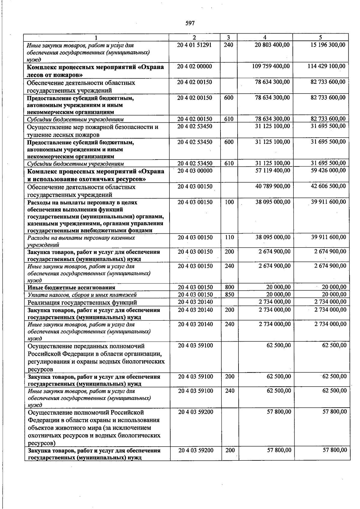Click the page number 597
[190, 23]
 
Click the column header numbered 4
[265, 37]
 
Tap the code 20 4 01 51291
[194, 45]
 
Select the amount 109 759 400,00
[271, 66]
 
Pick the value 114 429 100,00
[326, 66]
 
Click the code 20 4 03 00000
[195, 171]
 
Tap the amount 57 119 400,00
[272, 170]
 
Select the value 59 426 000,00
[328, 170]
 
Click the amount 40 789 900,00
[272, 186]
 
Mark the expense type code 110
[229, 238]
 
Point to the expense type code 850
[229, 295]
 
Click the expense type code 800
[229, 287]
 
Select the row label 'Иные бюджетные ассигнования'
[71, 288]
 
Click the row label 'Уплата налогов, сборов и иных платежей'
[82, 295]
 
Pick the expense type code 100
[229, 202]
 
